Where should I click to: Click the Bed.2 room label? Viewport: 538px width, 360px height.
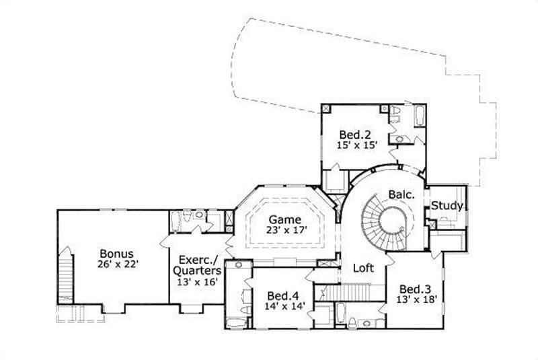coord(353,133)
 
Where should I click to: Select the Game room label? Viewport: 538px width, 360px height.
coord(282,219)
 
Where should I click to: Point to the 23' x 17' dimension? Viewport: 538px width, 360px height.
coord(285,231)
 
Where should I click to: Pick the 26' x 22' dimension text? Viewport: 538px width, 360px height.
coord(118,264)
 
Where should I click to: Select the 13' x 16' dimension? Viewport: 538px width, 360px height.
coord(198,283)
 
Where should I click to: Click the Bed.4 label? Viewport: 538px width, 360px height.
coord(282,295)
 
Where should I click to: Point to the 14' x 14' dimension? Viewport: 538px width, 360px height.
coord(285,306)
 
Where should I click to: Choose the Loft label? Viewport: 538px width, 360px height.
coord(363,268)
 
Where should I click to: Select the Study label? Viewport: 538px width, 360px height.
coord(447,206)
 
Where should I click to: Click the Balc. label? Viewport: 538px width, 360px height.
coord(401,195)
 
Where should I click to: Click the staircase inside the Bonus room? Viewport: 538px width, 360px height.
coord(65,276)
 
